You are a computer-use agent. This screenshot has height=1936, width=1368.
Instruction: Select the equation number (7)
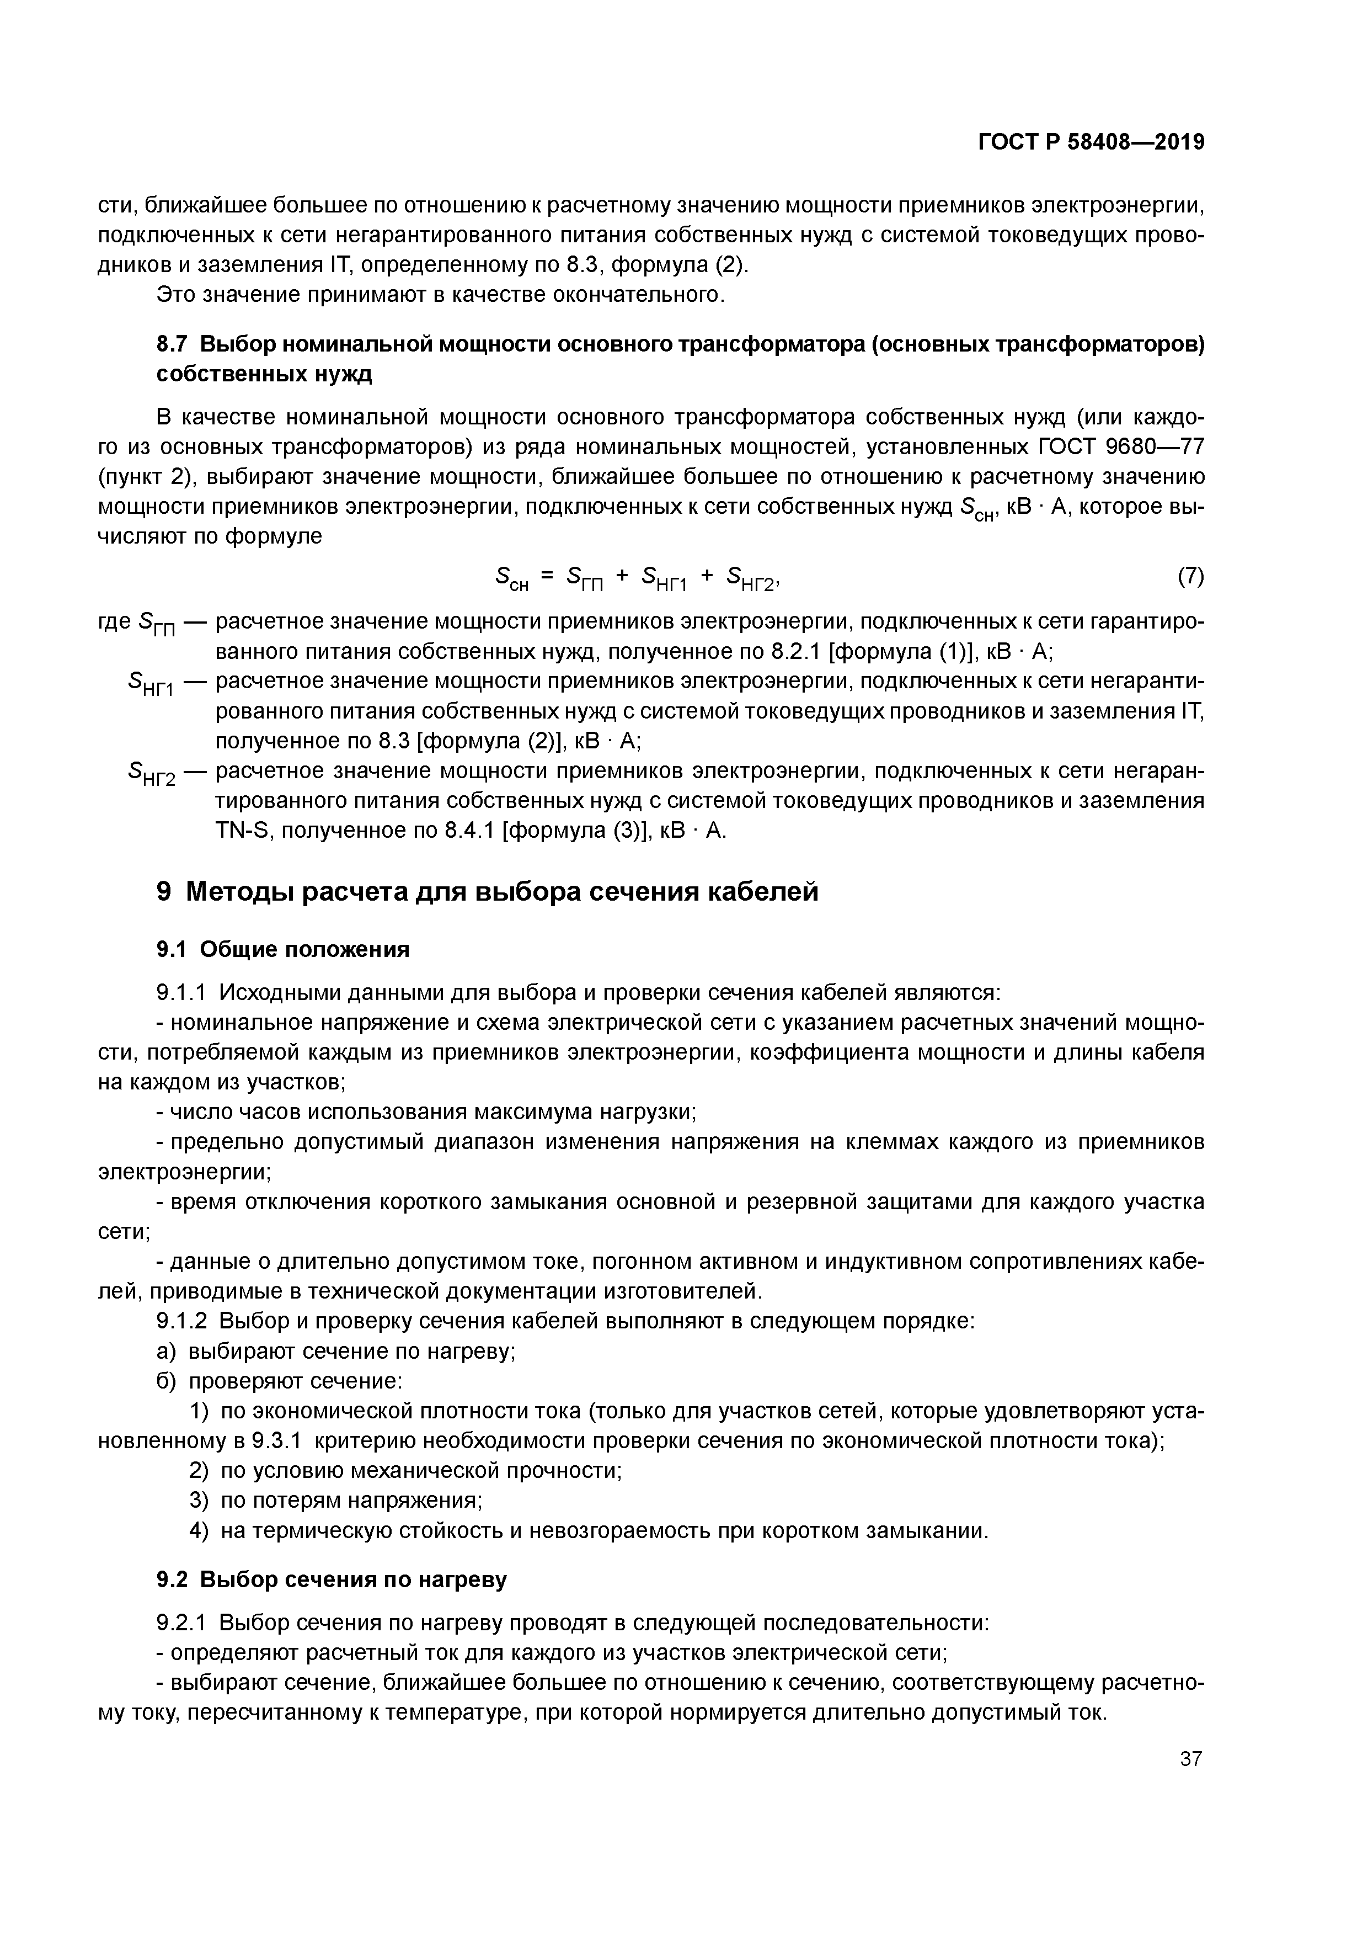pyautogui.click(x=1190, y=577)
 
